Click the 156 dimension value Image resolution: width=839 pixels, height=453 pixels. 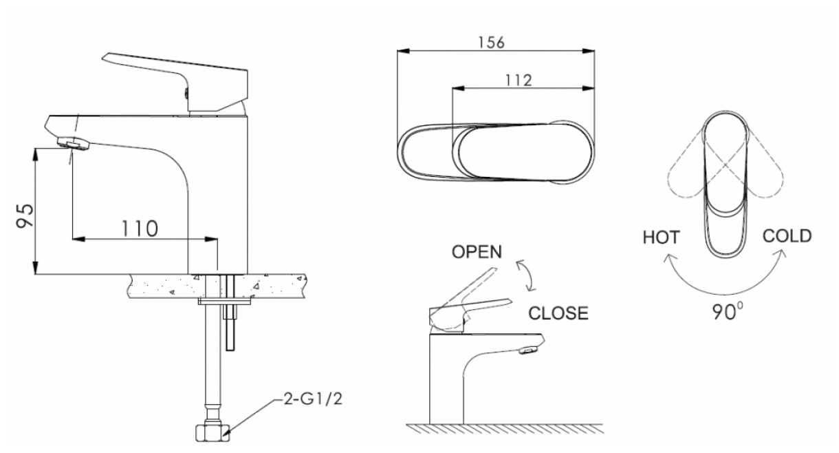point(492,43)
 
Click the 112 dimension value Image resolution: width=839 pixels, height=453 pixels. point(519,81)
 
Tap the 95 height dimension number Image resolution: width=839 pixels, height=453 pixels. point(25,216)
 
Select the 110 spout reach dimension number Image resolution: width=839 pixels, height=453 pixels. point(140,229)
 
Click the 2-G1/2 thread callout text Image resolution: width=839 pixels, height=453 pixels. point(313,399)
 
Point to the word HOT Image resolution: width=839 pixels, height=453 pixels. point(661,238)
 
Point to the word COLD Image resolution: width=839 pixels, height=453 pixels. point(787,236)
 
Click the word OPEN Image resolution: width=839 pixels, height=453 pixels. point(477,251)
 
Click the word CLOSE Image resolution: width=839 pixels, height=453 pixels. point(558,313)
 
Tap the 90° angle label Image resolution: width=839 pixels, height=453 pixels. point(728,312)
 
